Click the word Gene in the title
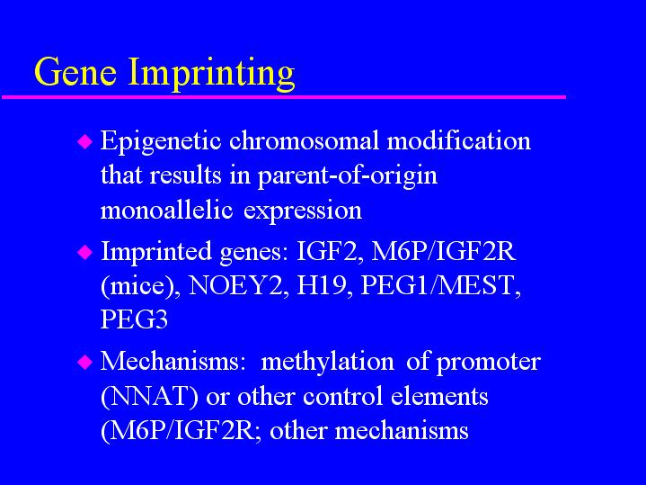[x=75, y=71]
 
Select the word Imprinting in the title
[x=212, y=74]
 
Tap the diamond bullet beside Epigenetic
[x=84, y=141]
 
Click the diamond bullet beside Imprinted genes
[x=84, y=252]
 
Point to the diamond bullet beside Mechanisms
[x=84, y=362]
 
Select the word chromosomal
[x=304, y=140]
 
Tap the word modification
[x=459, y=140]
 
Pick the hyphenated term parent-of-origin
[x=348, y=176]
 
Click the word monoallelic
[x=166, y=210]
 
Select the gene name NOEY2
[x=235, y=285]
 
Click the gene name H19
[x=321, y=285]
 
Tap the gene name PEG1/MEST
[x=438, y=285]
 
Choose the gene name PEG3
[x=134, y=319]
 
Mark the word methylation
[x=328, y=363]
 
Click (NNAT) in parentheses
[x=149, y=397]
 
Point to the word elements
[x=439, y=396]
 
